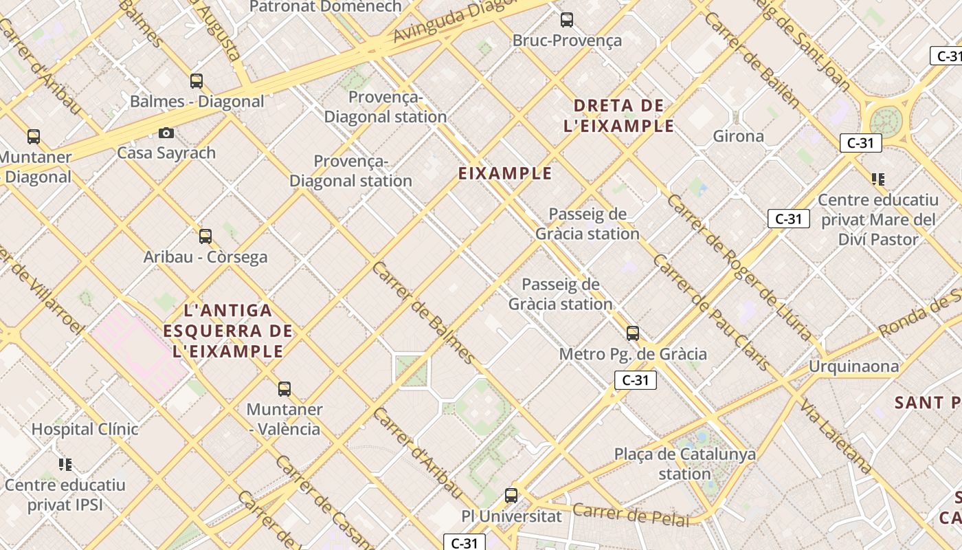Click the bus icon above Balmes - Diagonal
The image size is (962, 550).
tap(197, 81)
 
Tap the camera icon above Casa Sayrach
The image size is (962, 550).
tap(166, 133)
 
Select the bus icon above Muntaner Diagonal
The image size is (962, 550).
tap(34, 137)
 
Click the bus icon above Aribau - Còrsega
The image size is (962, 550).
tap(205, 236)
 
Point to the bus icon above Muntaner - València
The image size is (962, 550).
tap(284, 389)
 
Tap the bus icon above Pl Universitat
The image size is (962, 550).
tap(511, 495)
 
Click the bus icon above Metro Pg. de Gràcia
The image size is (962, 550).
tap(633, 333)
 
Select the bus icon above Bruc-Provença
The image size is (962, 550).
tap(567, 20)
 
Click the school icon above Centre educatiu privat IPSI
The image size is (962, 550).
tap(65, 465)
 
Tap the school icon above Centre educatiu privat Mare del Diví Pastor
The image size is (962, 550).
tap(877, 179)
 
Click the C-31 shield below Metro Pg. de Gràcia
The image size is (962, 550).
tap(635, 380)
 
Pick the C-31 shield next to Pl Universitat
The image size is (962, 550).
tap(464, 542)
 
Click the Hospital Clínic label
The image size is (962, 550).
tap(85, 429)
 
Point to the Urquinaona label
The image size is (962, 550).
tap(853, 366)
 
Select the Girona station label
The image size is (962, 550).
tap(738, 136)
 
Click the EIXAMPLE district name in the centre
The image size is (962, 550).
tap(505, 173)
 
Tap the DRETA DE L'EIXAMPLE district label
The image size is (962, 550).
tap(618, 115)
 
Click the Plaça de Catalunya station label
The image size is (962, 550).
tap(684, 463)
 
